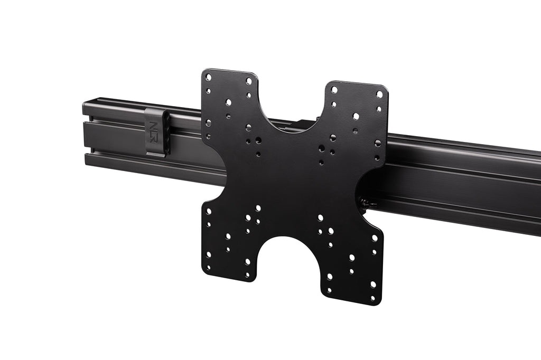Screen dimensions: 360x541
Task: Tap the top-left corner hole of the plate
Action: click(208, 77)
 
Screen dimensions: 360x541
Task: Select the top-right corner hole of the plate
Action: click(379, 94)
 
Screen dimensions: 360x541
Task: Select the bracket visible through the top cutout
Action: click(305, 125)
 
